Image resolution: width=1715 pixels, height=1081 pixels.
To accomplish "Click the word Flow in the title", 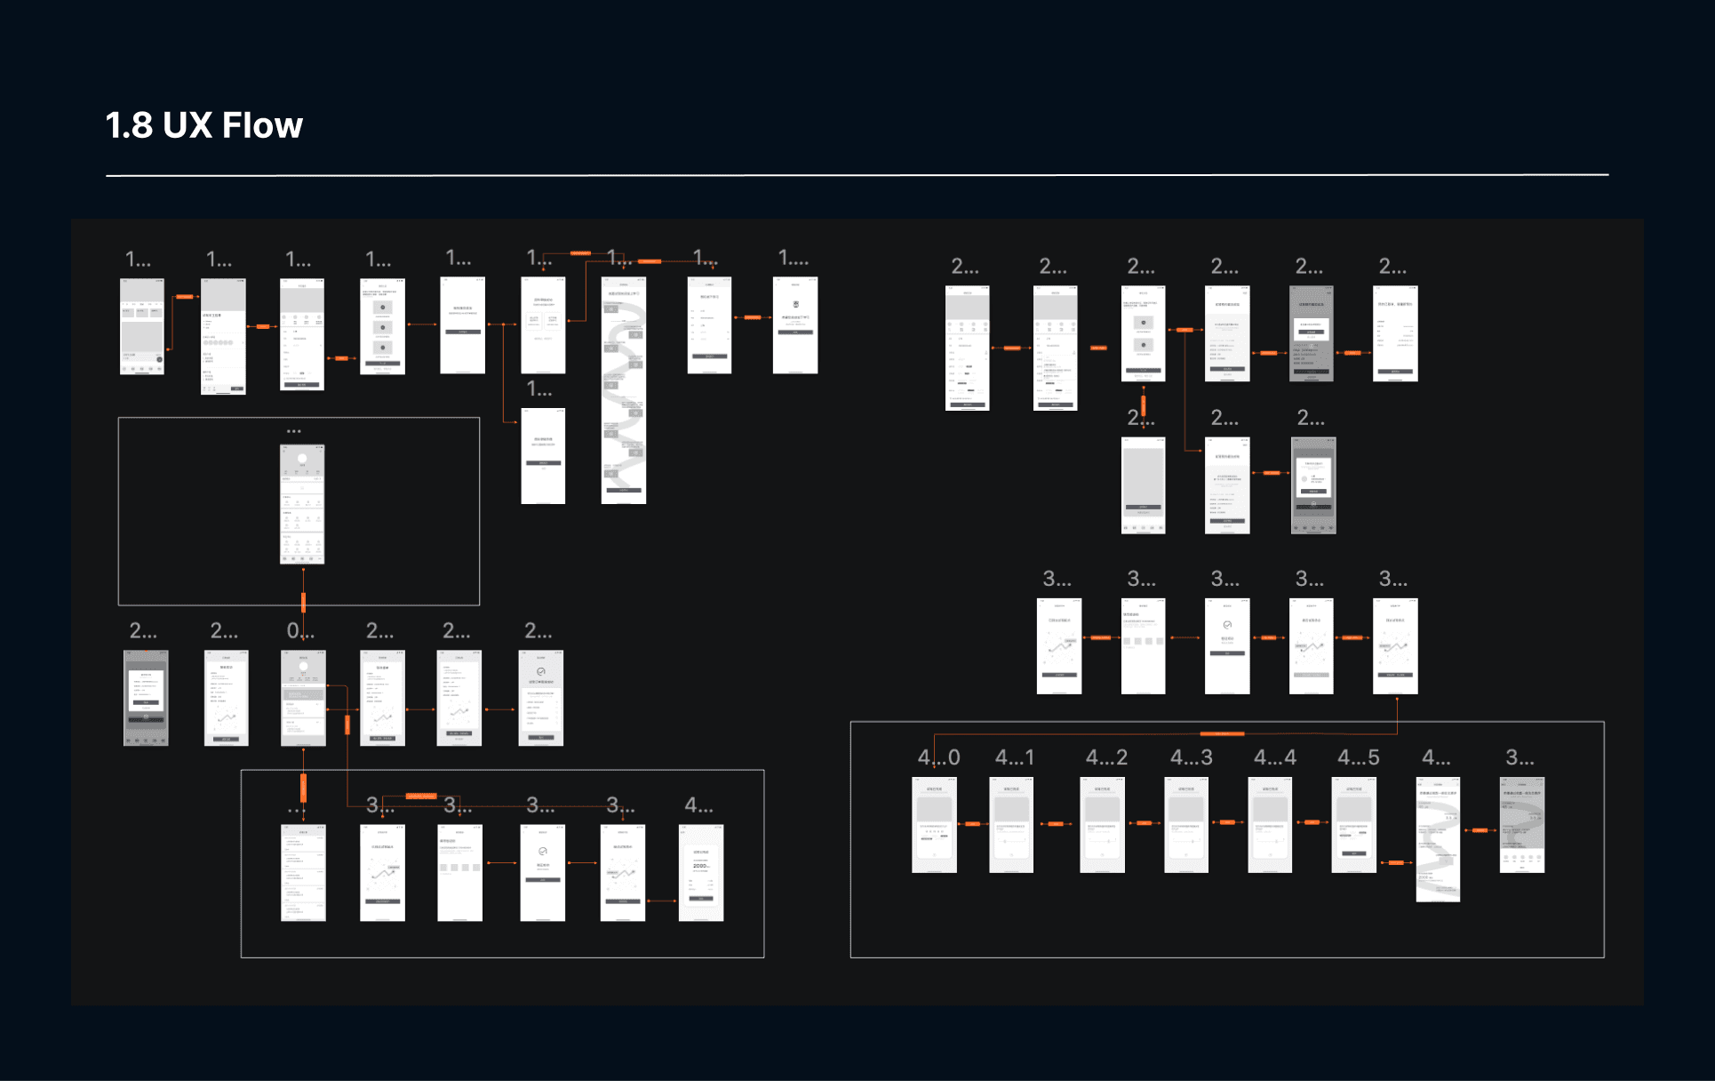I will coord(262,125).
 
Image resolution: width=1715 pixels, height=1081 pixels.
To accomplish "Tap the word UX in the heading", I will coord(187,125).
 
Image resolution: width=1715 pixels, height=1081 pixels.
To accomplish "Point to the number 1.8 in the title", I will coord(129,125).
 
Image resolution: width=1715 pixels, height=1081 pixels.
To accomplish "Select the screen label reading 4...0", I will coord(938,757).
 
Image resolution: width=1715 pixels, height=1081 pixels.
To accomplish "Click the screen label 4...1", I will coord(1014,757).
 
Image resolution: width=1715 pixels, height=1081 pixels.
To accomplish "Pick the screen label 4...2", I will coord(1106,757).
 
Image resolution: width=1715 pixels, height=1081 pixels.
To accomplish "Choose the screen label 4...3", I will coord(1191,757).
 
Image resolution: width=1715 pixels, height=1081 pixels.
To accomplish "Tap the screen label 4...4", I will coord(1274,757).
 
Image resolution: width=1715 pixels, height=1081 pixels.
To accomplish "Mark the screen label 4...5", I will coord(1359,757).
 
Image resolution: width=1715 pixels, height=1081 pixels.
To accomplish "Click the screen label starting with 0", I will coord(299,631).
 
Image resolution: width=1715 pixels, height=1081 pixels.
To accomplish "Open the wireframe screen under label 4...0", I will coord(934,824).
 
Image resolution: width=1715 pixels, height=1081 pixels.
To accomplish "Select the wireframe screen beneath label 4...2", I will coord(1102,824).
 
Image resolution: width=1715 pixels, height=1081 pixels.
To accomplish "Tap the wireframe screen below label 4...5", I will coord(1353,824).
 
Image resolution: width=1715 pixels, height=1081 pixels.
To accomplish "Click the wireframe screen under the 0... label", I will coord(303,698).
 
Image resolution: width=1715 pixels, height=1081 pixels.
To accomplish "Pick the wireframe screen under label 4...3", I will coord(1186,824).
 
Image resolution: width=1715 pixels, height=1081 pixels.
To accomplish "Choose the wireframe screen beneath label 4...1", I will coord(1011,824).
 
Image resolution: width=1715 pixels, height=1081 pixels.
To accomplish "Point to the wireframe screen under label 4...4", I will coord(1270,824).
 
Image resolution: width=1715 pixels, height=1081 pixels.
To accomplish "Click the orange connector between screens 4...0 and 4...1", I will coord(973,824).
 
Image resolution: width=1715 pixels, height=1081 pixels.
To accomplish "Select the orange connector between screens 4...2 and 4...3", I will coord(1145,823).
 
